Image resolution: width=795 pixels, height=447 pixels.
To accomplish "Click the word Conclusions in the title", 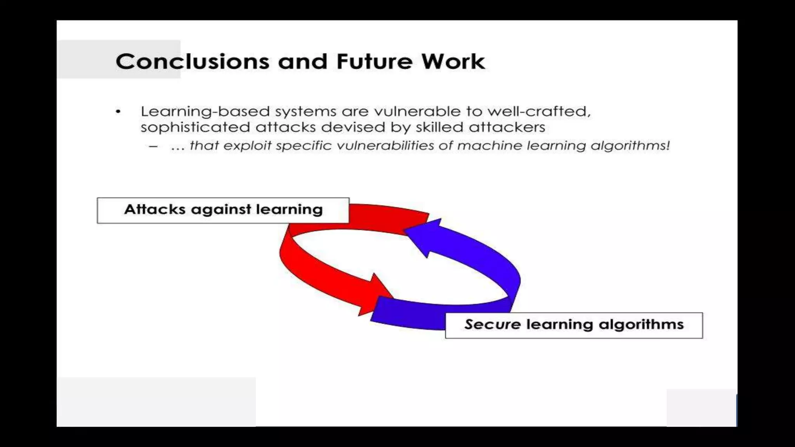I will tap(192, 62).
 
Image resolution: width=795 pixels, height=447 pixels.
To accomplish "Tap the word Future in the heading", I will tap(374, 62).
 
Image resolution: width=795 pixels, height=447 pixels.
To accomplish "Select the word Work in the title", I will tap(453, 62).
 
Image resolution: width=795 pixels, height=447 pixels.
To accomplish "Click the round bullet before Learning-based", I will tap(118, 112).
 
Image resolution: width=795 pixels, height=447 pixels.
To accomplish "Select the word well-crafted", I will tap(539, 112).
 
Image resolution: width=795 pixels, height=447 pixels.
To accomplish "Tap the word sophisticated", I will tap(195, 127).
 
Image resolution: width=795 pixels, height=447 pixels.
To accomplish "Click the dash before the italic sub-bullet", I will tap(153, 147).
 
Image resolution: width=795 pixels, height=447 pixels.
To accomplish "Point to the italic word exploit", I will tap(247, 146).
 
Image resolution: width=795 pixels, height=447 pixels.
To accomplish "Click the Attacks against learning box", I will tap(223, 211).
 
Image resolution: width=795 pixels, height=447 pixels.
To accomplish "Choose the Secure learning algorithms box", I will tap(573, 326).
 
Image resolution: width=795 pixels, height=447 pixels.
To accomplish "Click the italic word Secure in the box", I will tap(492, 324).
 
